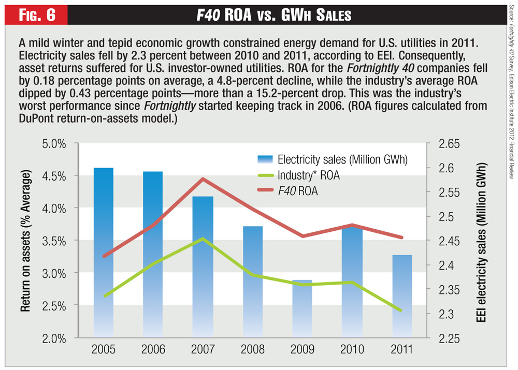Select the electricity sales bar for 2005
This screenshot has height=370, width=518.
tap(104, 259)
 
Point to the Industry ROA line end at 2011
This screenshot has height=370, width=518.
tap(401, 310)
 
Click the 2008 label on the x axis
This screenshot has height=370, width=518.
tap(253, 349)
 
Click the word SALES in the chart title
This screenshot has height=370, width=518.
tap(329, 16)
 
